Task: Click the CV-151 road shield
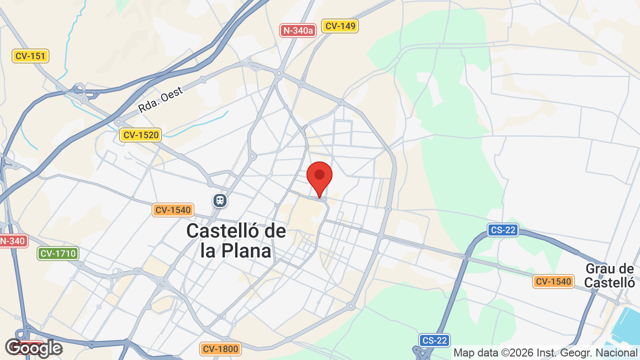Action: coord(30,56)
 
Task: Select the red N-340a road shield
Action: coord(298,30)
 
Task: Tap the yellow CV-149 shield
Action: coord(340,26)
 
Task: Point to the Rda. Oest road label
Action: coord(160,99)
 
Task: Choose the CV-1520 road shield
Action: coord(140,134)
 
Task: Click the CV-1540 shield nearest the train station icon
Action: coord(173,210)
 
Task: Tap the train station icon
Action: coord(220,200)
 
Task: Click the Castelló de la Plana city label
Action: coord(236,240)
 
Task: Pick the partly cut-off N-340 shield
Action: coord(12,241)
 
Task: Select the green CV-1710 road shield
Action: coord(58,253)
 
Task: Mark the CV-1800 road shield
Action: coord(220,348)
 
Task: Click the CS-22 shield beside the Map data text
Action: coord(434,340)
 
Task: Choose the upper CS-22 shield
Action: coord(503,230)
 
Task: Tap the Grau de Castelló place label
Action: coord(609,275)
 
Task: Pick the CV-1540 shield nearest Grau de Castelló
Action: coord(552,281)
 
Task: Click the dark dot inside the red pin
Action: coord(319,175)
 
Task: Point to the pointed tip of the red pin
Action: coord(319,197)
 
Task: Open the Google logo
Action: coord(33,348)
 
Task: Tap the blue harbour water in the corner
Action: coord(627,325)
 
